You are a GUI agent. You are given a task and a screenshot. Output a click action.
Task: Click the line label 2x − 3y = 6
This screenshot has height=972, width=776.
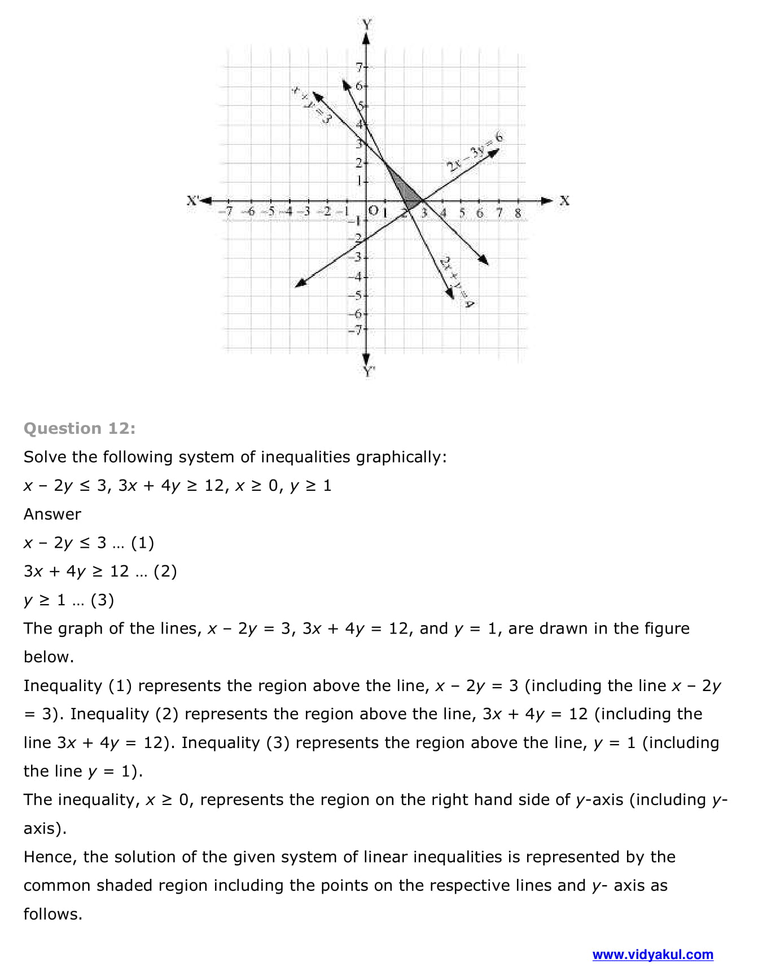coord(474,151)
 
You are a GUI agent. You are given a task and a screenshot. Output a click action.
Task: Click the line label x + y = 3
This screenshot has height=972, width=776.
coord(311,105)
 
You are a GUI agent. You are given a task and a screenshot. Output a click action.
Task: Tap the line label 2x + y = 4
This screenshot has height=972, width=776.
coord(457,282)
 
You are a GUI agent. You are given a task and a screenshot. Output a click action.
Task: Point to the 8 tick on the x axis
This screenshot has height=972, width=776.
coord(518,213)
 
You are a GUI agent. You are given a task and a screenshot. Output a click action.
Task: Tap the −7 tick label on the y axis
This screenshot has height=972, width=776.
coord(356,331)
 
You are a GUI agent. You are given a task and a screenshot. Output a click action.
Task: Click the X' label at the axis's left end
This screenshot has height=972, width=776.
coord(193,200)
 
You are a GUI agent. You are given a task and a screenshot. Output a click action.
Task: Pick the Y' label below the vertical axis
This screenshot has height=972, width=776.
coord(368,371)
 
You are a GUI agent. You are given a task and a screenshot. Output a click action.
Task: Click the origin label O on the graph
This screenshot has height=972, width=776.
coord(372,210)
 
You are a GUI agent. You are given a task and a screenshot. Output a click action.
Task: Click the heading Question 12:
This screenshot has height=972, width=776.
coord(80,429)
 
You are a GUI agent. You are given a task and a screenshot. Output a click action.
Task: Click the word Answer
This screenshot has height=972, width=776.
coord(52,514)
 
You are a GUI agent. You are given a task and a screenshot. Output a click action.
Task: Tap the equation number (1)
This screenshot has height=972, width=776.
coord(142,543)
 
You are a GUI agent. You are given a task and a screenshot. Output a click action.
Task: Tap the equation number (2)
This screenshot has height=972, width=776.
coord(165,571)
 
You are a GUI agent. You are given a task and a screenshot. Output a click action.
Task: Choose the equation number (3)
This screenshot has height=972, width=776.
coord(102,600)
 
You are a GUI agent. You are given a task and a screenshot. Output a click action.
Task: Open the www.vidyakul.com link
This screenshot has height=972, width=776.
coord(652,955)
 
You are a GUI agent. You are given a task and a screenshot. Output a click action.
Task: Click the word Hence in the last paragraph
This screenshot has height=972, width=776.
coord(48,857)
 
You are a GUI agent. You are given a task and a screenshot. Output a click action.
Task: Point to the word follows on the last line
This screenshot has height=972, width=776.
coord(52,914)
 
